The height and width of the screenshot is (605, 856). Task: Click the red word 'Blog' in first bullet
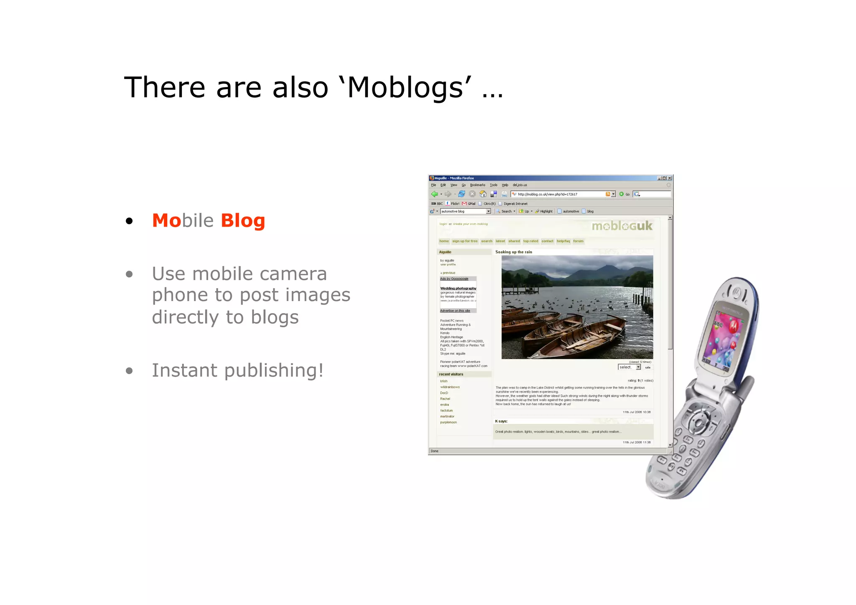pos(243,220)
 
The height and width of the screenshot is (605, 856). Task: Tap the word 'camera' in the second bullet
pos(293,274)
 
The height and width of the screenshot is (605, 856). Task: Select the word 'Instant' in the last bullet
pos(184,370)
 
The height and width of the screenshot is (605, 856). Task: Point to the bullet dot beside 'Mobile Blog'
pos(129,221)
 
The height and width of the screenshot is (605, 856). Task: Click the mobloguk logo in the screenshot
pos(622,226)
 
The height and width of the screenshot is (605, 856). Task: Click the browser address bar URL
pos(548,194)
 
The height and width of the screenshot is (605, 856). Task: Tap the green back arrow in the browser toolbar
pos(435,194)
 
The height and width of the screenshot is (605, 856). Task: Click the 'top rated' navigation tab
pos(530,241)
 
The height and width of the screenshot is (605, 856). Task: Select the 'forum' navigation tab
pos(578,241)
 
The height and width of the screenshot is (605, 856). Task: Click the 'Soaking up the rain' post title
pos(514,252)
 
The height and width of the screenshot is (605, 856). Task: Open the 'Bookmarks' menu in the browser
pos(477,185)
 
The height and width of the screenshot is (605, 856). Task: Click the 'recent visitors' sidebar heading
pos(451,374)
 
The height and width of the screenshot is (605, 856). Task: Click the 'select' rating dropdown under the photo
pos(629,367)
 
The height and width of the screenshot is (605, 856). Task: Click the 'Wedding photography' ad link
pos(458,288)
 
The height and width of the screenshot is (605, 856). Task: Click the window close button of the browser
pos(670,178)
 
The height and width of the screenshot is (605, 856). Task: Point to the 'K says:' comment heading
pos(501,421)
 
